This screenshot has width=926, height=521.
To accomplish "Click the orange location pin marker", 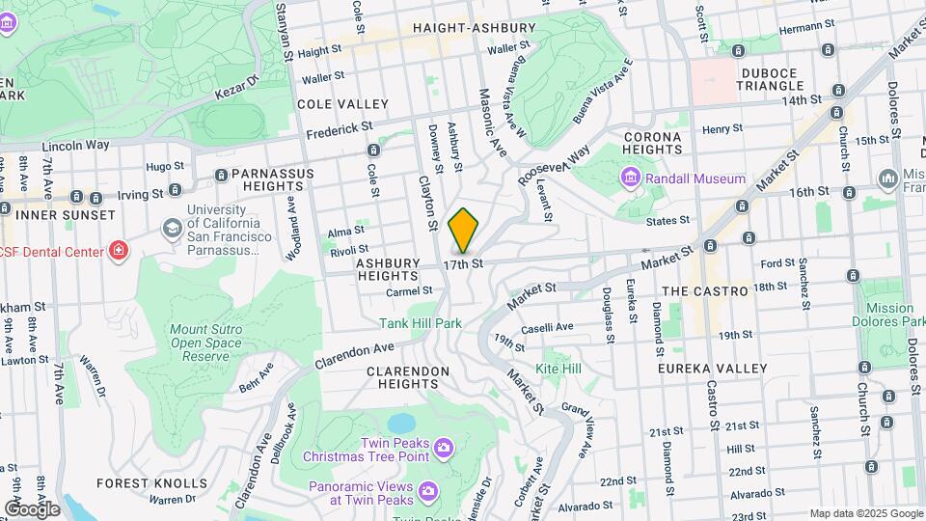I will click(463, 230).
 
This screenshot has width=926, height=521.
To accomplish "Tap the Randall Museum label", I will click(694, 178).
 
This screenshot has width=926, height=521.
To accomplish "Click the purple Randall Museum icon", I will click(630, 178).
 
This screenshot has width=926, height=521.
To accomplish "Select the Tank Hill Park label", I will click(420, 323).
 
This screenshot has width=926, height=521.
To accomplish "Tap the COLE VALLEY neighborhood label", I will click(342, 103).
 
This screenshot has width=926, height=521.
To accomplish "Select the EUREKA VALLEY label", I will click(712, 369).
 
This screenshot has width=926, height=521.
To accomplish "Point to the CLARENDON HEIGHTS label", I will click(408, 377).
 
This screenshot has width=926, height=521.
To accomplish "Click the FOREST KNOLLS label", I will click(151, 482).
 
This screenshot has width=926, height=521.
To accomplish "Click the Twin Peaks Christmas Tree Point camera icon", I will click(443, 447).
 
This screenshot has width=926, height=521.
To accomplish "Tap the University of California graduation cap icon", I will click(172, 229).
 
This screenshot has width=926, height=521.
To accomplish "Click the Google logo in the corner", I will click(32, 508).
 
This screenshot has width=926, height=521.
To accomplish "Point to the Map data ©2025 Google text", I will click(865, 513).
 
